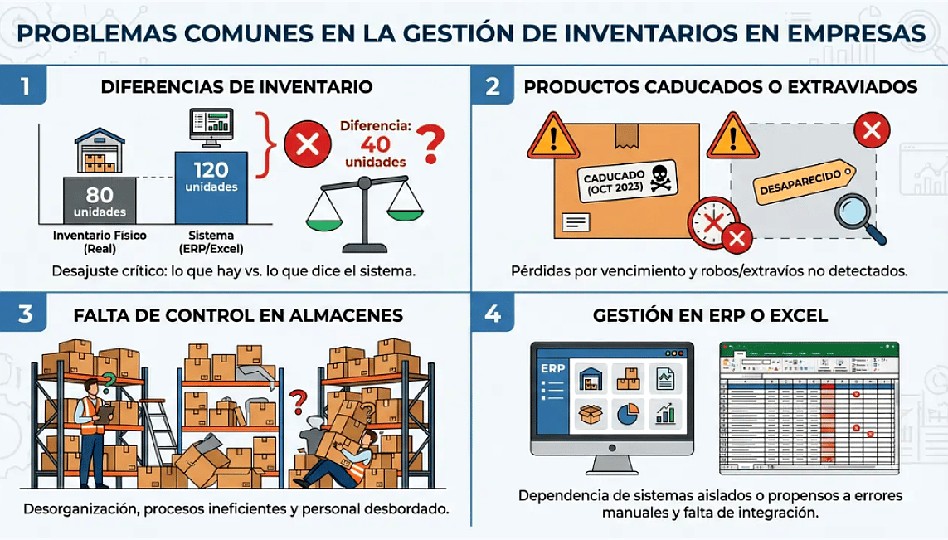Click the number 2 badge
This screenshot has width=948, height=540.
tap(492, 87)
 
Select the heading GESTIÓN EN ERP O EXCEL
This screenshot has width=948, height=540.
tap(710, 316)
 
